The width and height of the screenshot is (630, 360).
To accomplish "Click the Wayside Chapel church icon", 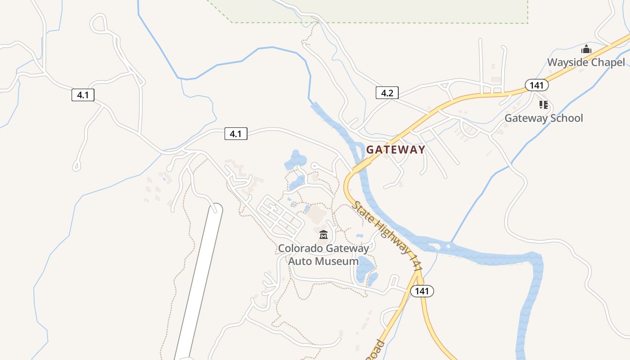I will pos(586,49).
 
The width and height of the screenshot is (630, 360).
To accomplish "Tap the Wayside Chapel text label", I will pos(586,62).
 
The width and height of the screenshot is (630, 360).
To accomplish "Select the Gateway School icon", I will pos(544,105).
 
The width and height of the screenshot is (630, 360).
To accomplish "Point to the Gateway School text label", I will pos(544,118).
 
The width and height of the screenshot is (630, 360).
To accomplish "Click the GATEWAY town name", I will pos(396,150).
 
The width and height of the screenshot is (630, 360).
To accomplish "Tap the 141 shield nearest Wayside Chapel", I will pos(536,85).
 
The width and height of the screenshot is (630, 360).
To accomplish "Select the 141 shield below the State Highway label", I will pos(422,291).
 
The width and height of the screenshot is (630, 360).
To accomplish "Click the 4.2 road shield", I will pos(387,93).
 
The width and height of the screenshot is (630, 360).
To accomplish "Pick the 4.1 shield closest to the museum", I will pos(236,134).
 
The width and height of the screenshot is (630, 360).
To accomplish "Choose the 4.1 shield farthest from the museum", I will pos(83,95).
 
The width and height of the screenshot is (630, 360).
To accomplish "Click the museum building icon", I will pos(323,234).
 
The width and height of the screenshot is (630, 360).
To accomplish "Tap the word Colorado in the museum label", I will pos(300,248).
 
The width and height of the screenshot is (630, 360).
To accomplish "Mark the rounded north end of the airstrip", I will pos(216,209).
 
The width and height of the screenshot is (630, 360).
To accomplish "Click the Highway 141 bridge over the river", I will pos(360,168).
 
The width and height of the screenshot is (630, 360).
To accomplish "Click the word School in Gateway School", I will pos(563,118).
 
